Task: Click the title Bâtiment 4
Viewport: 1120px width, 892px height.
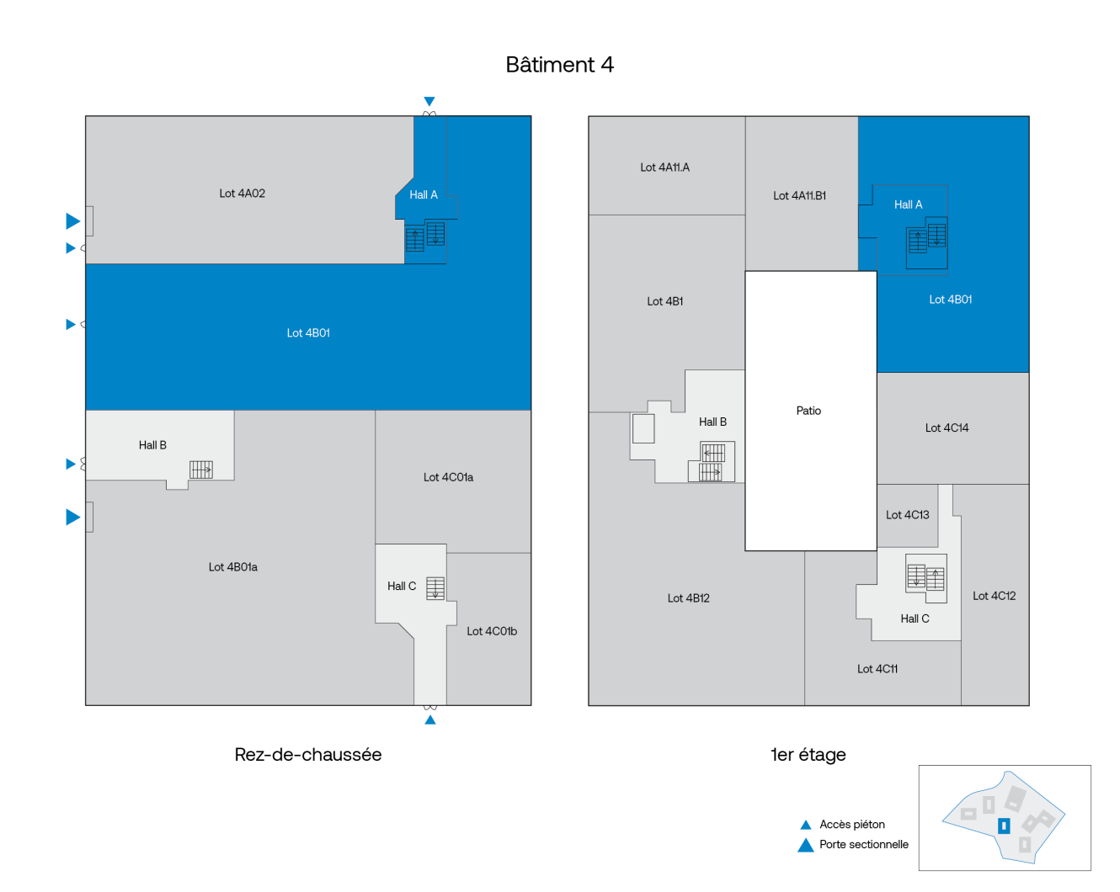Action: pyautogui.click(x=559, y=65)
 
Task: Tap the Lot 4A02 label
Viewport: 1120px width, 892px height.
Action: pyautogui.click(x=242, y=194)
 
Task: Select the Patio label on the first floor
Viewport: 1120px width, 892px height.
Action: pyautogui.click(x=808, y=411)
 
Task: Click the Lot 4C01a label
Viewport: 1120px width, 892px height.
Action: pyautogui.click(x=448, y=477)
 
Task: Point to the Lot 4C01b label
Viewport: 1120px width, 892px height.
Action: pyautogui.click(x=492, y=631)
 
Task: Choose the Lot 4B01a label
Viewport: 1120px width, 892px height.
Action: pyautogui.click(x=232, y=567)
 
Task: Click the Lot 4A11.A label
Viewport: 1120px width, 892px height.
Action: pyautogui.click(x=664, y=167)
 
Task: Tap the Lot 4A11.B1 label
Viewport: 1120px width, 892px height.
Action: pyautogui.click(x=799, y=195)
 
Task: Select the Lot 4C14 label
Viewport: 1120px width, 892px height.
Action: pyautogui.click(x=947, y=428)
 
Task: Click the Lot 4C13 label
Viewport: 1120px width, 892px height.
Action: pyautogui.click(x=908, y=515)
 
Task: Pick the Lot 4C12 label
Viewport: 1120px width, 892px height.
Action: pyautogui.click(x=994, y=596)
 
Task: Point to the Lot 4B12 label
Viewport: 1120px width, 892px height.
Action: pyautogui.click(x=689, y=598)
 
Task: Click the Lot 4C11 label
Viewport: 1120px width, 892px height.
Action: pyautogui.click(x=877, y=669)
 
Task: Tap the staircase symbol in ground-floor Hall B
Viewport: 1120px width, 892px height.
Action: pyautogui.click(x=201, y=470)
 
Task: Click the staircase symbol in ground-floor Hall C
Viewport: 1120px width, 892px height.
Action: pyautogui.click(x=435, y=588)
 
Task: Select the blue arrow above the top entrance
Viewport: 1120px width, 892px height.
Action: pyautogui.click(x=429, y=102)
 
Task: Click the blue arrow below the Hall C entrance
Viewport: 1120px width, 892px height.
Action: pyautogui.click(x=429, y=719)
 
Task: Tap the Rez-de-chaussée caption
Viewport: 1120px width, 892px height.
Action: pyautogui.click(x=308, y=755)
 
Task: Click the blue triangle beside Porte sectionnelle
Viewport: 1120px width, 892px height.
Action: pyautogui.click(x=806, y=845)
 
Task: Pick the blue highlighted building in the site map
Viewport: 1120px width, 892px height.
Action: pyautogui.click(x=1004, y=826)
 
